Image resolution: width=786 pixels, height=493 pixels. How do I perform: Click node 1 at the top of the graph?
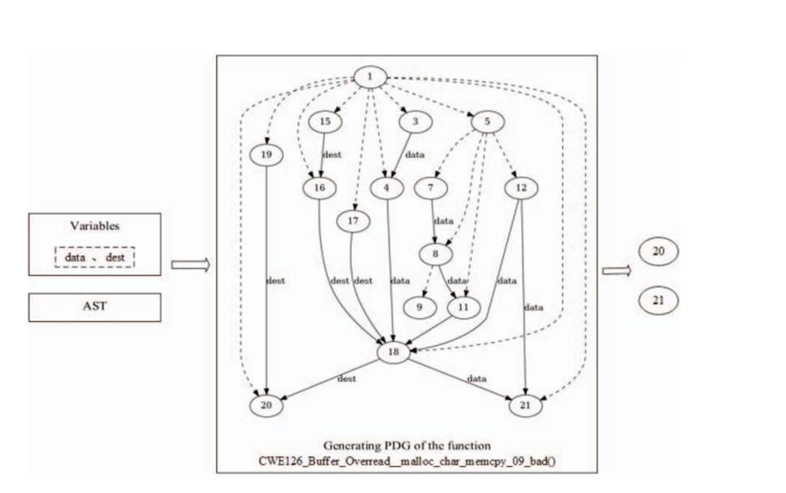click(370, 77)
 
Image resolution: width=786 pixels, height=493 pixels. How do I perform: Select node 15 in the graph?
click(324, 121)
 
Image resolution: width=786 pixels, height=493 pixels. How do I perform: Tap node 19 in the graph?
click(266, 154)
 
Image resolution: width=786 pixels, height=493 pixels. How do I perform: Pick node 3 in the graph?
click(414, 121)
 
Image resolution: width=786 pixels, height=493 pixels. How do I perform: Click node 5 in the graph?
click(487, 121)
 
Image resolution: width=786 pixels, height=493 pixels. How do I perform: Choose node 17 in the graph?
click(352, 221)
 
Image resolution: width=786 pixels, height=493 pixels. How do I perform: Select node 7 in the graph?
click(430, 187)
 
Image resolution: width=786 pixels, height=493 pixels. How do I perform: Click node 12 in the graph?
click(520, 187)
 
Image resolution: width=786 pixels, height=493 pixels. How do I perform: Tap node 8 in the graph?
click(436, 254)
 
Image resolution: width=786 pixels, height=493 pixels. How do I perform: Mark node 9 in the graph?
click(419, 308)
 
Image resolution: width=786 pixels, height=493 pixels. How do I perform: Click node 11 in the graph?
click(462, 308)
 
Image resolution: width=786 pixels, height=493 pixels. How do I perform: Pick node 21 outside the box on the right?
click(658, 301)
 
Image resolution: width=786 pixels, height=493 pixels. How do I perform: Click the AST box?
click(94, 307)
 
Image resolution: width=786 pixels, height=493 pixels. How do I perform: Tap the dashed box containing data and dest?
click(94, 257)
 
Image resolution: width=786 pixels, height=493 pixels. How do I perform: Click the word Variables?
click(94, 226)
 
